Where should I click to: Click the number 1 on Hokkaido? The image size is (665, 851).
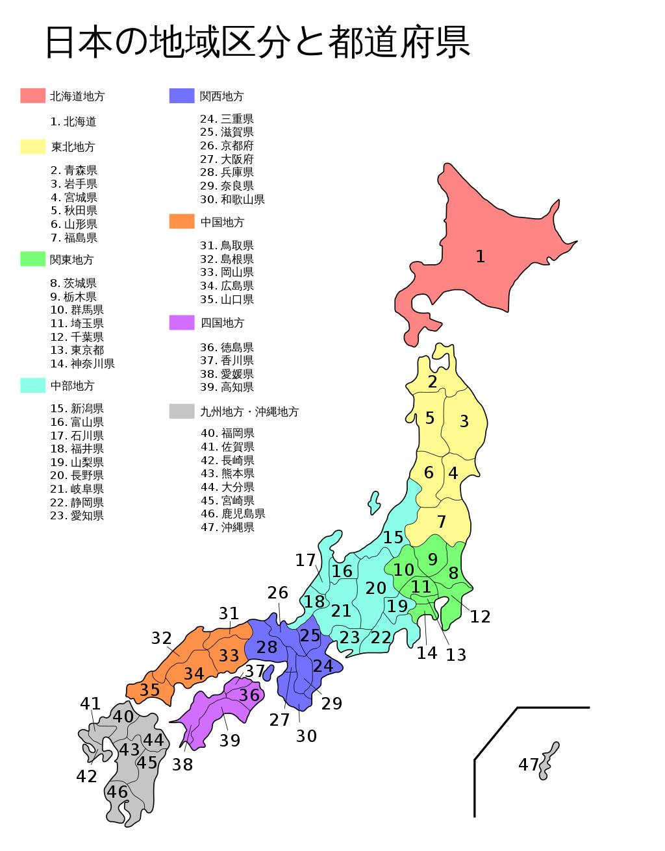480,256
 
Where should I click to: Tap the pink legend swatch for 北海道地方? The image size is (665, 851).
32,96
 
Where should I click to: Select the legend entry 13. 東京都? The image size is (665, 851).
77,350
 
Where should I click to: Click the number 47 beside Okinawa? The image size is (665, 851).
529,765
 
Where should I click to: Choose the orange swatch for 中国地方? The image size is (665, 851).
182,221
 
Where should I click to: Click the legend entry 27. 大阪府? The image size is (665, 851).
227,159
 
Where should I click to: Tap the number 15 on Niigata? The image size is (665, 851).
393,537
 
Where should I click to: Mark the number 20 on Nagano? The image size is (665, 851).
376,588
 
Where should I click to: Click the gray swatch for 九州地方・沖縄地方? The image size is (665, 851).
182,411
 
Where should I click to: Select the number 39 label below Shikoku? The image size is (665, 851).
230,741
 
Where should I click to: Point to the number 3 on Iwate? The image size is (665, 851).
464,421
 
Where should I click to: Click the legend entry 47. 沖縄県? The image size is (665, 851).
227,527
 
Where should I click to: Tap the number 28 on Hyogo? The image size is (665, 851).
267,647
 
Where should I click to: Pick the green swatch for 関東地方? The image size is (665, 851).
32,259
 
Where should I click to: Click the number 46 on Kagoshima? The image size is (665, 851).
118,792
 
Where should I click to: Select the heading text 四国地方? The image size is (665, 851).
222,323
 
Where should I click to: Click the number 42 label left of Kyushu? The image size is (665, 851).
86,776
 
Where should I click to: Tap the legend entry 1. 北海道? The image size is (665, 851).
73,121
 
